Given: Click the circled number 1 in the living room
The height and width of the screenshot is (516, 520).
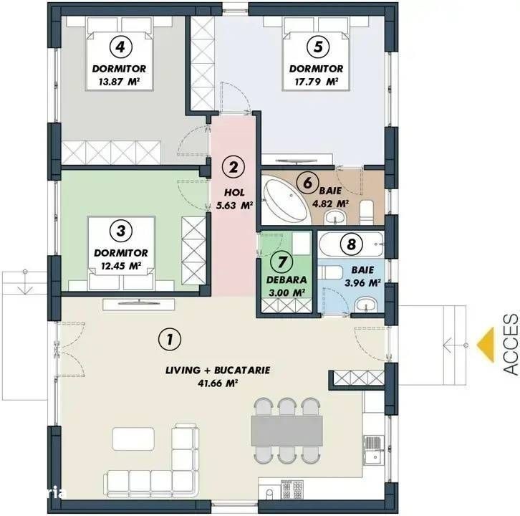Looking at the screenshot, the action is coord(170,339).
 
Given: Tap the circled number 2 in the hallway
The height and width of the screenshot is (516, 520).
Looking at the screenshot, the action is coord(233,167).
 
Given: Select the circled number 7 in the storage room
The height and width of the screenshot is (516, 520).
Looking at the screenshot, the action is coord(282,262).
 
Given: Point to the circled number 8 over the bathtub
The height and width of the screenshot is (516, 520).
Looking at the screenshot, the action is coord(351,244).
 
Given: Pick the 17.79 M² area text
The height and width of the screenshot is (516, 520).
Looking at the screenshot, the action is coord(317,82).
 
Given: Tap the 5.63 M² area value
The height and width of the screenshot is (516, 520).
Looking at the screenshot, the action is coord(234,206).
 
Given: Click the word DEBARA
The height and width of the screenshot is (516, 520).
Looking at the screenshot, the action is coord(287,279).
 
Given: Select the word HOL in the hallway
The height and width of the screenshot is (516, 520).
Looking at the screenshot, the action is coord(234,193).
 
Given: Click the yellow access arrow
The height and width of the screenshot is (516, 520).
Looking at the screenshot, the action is coord(486,345).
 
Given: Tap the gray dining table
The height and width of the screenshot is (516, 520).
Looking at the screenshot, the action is coord(287,431).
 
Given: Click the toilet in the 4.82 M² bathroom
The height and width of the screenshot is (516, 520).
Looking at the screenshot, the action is coord(367,212).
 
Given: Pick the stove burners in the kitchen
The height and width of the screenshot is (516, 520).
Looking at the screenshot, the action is coord(292,489).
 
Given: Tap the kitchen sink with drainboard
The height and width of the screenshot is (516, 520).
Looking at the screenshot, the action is coord(374,450).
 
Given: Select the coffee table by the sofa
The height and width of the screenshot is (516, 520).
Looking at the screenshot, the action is coord(133,439).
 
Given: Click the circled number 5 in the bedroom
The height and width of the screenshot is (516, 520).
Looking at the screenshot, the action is coord(318,47).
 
